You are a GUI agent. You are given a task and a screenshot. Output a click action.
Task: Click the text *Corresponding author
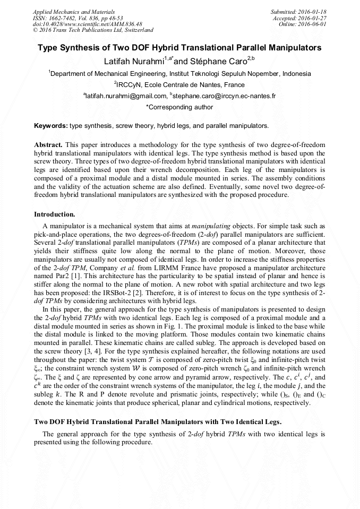click(179, 107)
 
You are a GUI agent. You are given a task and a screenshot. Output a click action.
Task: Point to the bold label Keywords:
click(50, 126)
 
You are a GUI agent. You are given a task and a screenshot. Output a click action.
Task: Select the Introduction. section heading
click(55, 214)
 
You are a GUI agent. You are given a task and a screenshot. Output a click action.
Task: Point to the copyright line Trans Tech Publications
click(93, 30)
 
